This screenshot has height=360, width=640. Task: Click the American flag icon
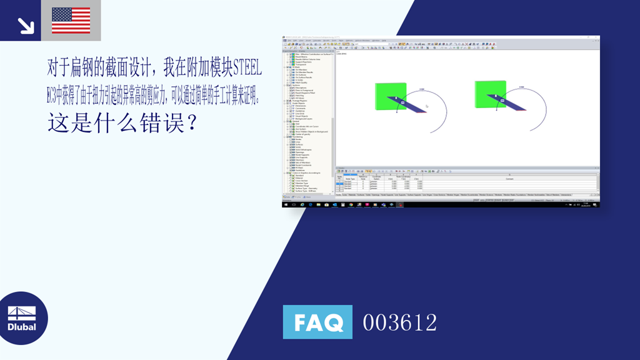pyautogui.click(x=71, y=20)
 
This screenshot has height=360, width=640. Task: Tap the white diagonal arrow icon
pyautogui.click(x=26, y=25)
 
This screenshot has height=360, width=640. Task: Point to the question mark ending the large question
pyautogui.click(x=191, y=122)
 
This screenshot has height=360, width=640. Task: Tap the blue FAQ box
pyautogui.click(x=317, y=322)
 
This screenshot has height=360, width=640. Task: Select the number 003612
pyautogui.click(x=400, y=322)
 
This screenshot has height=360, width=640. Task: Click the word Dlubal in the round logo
pyautogui.click(x=22, y=327)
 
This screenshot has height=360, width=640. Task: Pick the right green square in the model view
pyautogui.click(x=491, y=96)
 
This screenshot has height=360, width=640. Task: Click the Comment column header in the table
pyautogui.click(x=509, y=178)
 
